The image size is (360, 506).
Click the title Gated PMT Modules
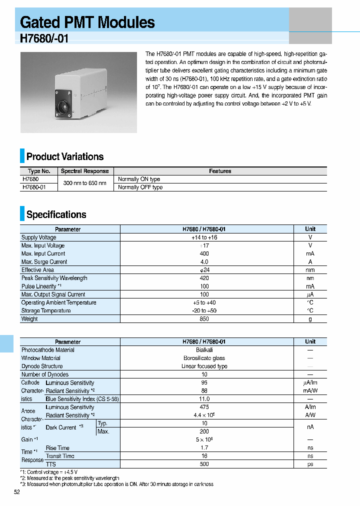pos(87,22)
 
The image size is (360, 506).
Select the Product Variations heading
pos(64,156)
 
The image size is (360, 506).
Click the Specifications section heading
pos(56,214)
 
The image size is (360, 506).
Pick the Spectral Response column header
pos(84,171)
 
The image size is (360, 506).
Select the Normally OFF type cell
pos(140,187)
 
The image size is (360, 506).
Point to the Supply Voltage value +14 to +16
pos(204,237)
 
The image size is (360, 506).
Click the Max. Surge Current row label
pos(44,262)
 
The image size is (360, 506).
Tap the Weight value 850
pos(204,319)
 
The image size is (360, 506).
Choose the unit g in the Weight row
pos(310,319)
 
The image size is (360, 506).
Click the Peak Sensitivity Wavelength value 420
pos(204,278)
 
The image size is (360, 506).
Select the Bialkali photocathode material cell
pos(204,350)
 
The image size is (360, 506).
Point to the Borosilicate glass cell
pos(204,358)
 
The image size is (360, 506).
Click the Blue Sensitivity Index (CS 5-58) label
pos(82,399)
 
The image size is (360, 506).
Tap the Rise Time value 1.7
pos(204,448)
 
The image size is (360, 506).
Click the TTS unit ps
pos(310,464)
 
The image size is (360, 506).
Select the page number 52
pos(17,492)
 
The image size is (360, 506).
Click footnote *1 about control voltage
pos(48,472)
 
